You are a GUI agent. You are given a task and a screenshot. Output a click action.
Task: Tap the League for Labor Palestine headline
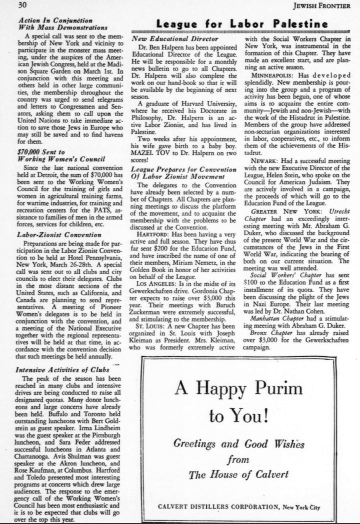pos(242,23)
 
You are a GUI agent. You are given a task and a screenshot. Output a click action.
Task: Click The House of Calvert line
pos(238,473)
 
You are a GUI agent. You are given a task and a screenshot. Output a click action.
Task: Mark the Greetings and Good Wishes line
pos(239,442)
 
